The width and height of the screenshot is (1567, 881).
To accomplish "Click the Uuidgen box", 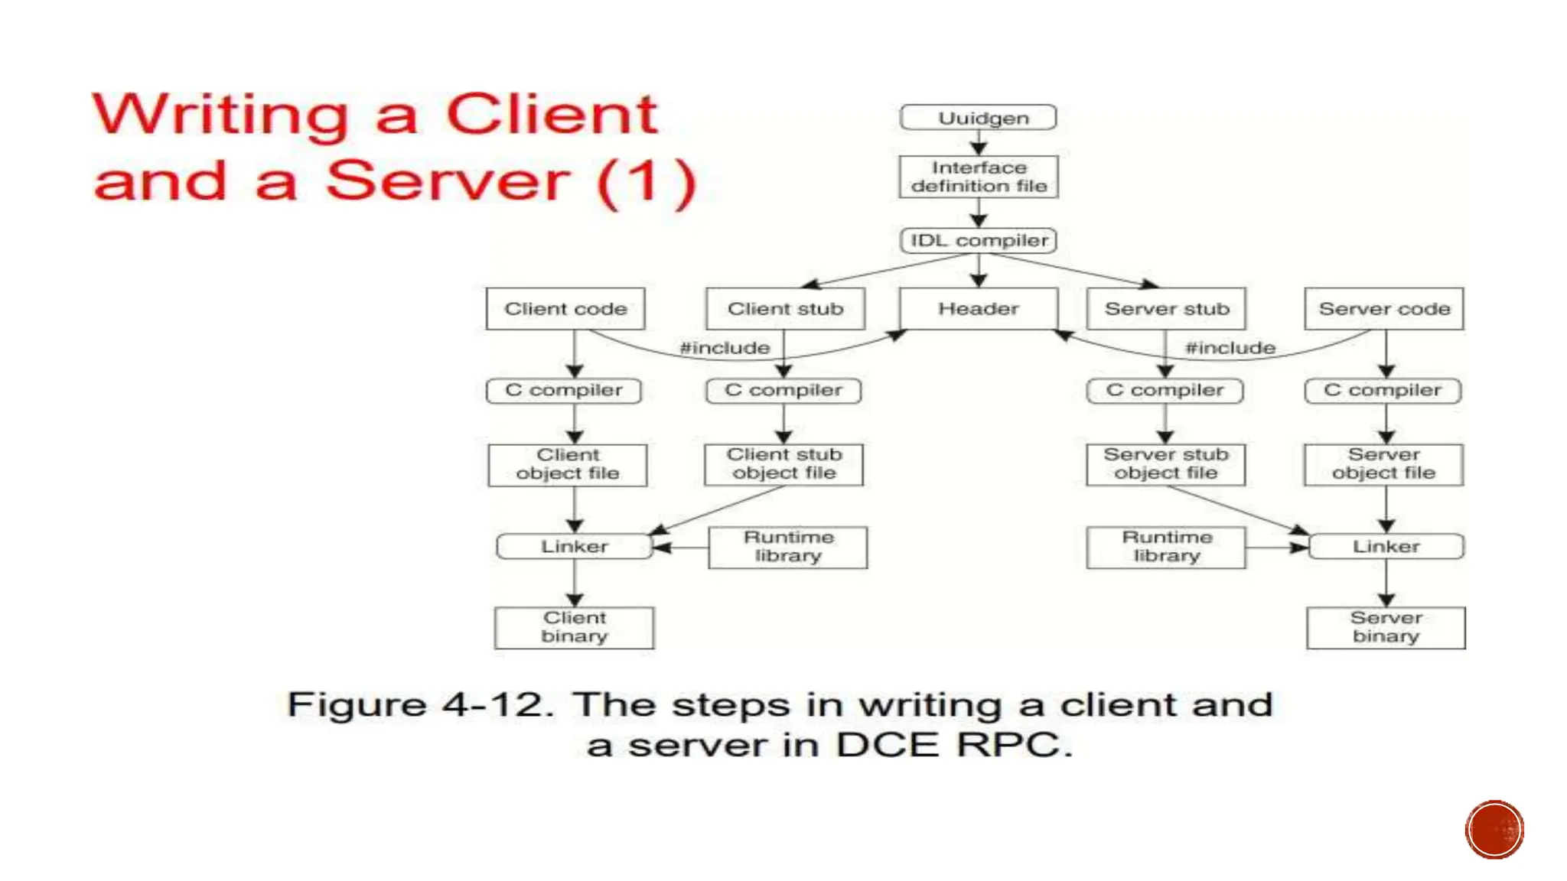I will click(978, 118).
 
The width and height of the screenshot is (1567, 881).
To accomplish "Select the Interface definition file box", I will click(978, 177).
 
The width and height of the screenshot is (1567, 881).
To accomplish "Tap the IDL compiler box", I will click(978, 240).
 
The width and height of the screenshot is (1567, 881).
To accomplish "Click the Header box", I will click(978, 308).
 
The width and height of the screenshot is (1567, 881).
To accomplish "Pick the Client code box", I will click(565, 308).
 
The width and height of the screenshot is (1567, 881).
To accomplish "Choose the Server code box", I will click(1383, 308).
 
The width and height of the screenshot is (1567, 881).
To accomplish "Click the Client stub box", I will click(785, 308).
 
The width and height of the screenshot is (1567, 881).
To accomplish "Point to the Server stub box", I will click(1166, 308).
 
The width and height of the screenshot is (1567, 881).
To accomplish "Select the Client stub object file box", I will click(783, 464).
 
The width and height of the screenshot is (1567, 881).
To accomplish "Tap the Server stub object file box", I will click(1165, 464).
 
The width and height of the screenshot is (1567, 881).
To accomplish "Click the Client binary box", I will click(574, 627).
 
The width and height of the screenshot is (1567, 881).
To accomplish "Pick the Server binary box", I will click(1386, 627).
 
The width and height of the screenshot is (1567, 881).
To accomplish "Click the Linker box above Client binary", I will click(574, 546).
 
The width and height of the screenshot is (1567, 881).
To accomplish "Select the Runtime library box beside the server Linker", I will click(1166, 547).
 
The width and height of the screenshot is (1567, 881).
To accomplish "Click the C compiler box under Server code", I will click(1383, 390).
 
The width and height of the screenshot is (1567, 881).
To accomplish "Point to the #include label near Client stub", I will click(725, 348).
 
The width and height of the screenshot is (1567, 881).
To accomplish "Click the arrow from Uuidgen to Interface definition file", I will click(979, 143).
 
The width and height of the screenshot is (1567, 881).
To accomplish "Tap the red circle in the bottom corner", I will click(1494, 829).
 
